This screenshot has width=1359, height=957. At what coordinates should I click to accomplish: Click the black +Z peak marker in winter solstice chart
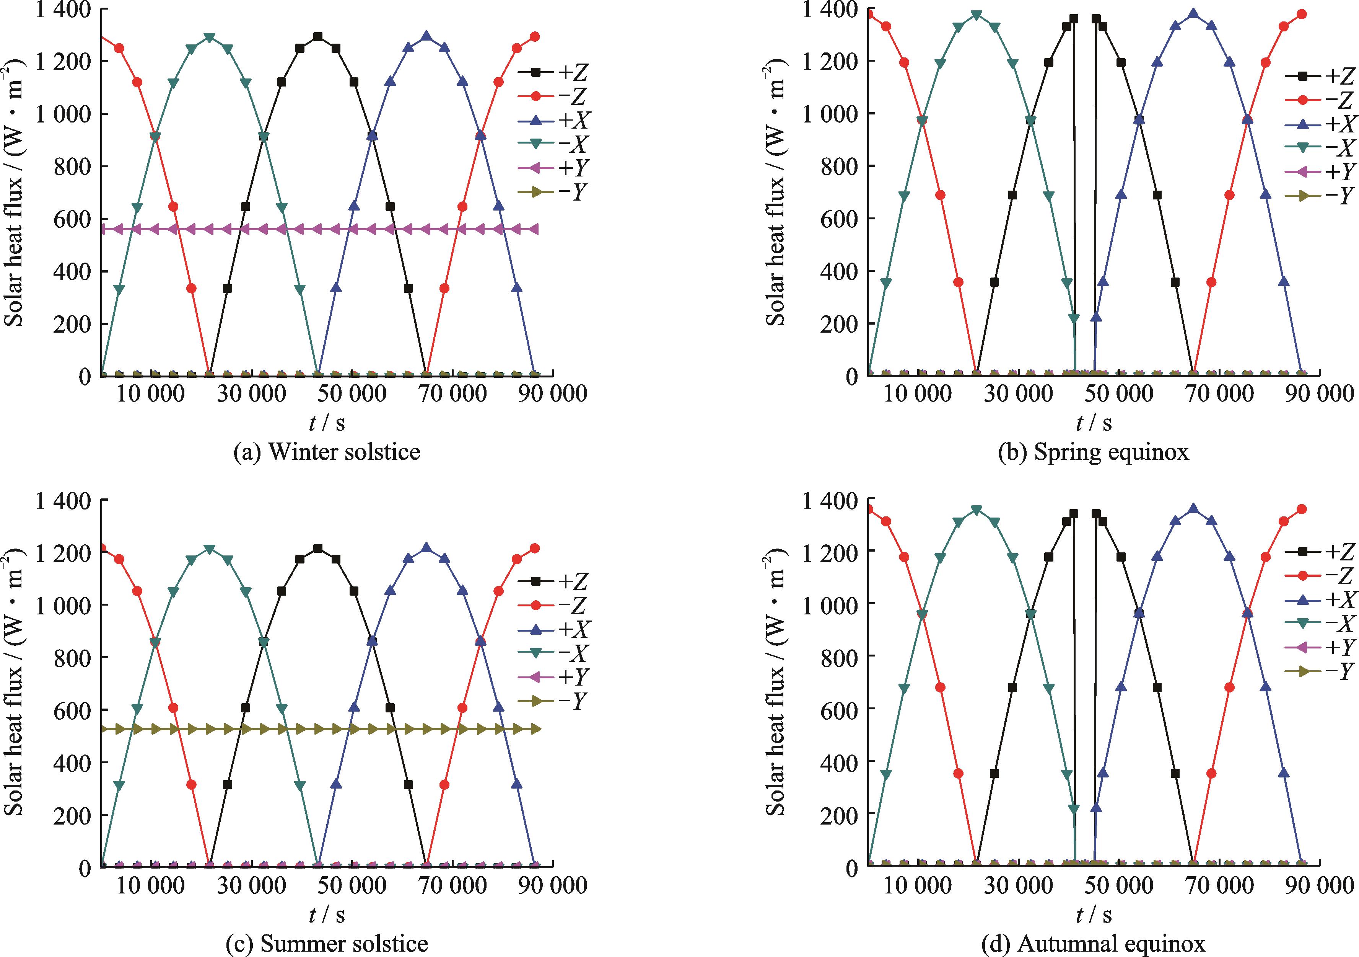point(318,37)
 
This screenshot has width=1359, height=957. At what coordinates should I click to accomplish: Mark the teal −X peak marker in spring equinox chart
point(977,15)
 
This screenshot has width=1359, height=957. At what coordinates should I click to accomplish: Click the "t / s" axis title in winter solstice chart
point(327,422)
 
